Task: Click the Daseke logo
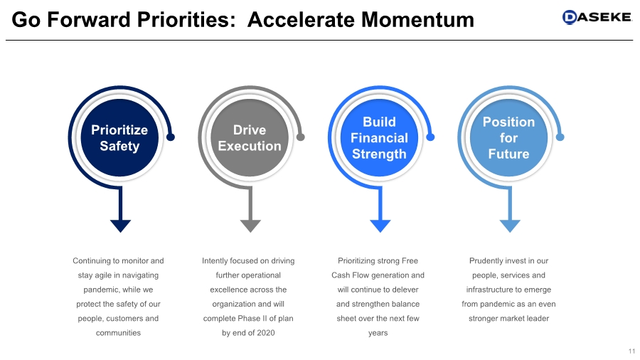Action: pyautogui.click(x=597, y=17)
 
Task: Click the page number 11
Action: pyautogui.click(x=631, y=351)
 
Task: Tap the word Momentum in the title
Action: pyautogui.click(x=417, y=19)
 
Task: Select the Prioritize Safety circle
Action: pyautogui.click(x=119, y=138)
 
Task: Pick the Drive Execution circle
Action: pyautogui.click(x=250, y=138)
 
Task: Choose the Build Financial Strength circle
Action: pyautogui.click(x=379, y=138)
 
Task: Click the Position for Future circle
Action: pyautogui.click(x=508, y=138)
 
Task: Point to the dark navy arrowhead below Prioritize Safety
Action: pyautogui.click(x=120, y=226)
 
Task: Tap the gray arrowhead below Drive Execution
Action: pyautogui.click(x=250, y=226)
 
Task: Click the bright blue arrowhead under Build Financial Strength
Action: pyautogui.click(x=380, y=226)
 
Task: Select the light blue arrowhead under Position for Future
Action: pyautogui.click(x=509, y=226)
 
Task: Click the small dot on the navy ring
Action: pyautogui.click(x=171, y=137)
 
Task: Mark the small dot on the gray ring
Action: pyautogui.click(x=300, y=137)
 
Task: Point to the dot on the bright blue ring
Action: pyautogui.click(x=430, y=137)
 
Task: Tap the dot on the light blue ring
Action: pyautogui.click(x=560, y=137)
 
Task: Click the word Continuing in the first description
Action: pyautogui.click(x=95, y=261)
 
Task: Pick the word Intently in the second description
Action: pyautogui.click(x=216, y=261)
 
